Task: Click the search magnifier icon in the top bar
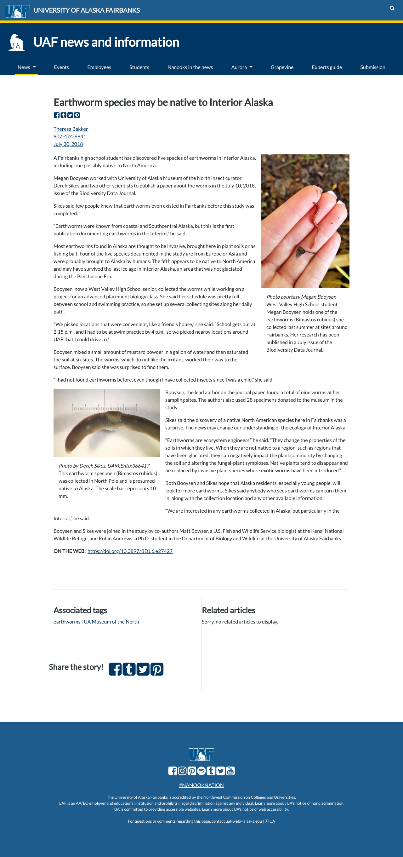[392, 8]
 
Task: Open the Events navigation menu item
[61, 67]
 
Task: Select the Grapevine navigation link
[282, 67]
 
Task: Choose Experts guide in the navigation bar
[326, 67]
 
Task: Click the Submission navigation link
[372, 67]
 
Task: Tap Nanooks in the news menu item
[190, 67]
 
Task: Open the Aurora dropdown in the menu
[241, 67]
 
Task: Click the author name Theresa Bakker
[71, 129]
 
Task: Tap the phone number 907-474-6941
[70, 136]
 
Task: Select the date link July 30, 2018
[68, 144]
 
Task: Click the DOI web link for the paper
[130, 551]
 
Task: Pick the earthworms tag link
[67, 621]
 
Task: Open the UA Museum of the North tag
[111, 621]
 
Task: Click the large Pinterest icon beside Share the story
[157, 669]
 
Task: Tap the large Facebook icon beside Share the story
[115, 669]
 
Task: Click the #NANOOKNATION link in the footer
[201, 785]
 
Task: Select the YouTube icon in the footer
[230, 771]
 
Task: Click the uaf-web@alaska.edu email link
[243, 821]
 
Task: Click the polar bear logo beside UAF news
[16, 42]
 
